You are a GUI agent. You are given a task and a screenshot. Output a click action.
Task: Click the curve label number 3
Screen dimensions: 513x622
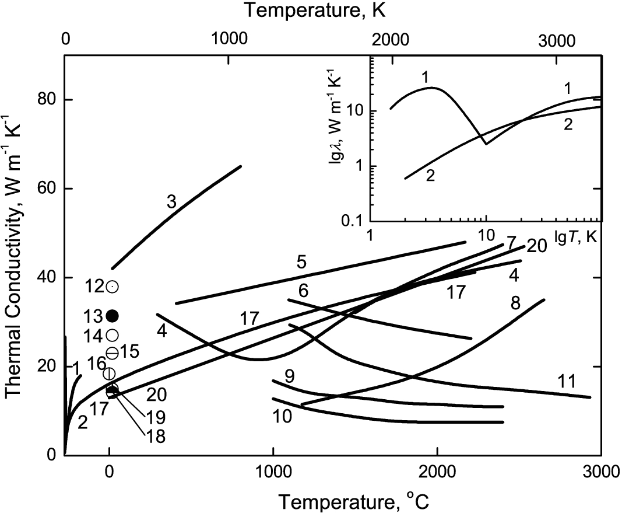click(x=171, y=203)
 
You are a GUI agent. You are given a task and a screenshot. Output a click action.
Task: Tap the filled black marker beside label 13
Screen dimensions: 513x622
click(x=113, y=316)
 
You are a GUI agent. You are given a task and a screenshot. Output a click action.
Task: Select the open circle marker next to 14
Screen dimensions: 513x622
click(x=113, y=335)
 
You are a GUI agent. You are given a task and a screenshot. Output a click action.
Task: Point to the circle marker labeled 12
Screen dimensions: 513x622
click(x=113, y=287)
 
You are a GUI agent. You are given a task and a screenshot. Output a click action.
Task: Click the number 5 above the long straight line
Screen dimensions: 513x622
click(x=301, y=262)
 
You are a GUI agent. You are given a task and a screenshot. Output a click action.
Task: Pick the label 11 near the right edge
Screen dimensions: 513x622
click(x=566, y=382)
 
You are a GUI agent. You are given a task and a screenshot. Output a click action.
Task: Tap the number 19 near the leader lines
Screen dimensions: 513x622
click(x=156, y=417)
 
